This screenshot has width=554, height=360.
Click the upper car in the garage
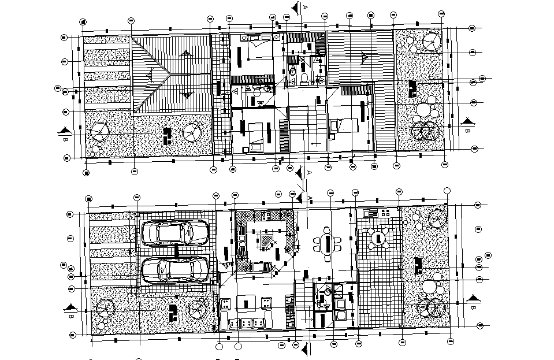point(175,233)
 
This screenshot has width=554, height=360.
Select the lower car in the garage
point(175,269)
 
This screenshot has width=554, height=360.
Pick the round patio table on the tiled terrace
point(380,237)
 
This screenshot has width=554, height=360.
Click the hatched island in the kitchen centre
point(267,240)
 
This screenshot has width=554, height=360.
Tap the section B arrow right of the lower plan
point(474,299)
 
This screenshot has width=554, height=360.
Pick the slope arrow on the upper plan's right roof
point(365,56)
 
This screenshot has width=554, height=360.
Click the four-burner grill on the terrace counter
point(370,213)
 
